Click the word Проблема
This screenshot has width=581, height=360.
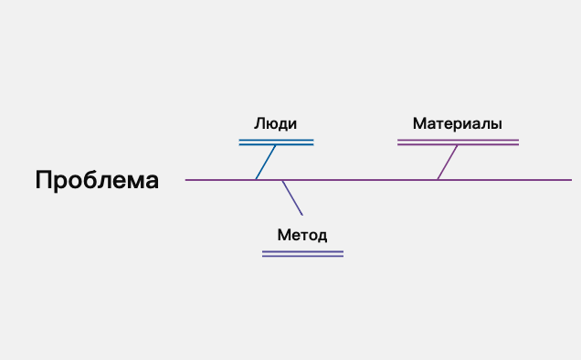click(97, 180)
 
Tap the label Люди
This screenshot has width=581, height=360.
click(276, 124)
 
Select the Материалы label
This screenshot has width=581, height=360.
click(457, 123)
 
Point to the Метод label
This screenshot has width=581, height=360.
click(301, 235)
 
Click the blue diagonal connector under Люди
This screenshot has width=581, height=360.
click(266, 163)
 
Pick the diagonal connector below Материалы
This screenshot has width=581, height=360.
click(447, 162)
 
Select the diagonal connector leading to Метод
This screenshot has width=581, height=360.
click(292, 197)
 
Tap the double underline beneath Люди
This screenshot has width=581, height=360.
click(276, 143)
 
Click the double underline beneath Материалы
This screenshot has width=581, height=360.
click(458, 143)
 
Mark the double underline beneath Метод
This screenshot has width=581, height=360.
click(302, 253)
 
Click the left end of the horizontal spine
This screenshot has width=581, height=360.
click(187, 180)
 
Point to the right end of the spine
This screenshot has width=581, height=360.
click(570, 180)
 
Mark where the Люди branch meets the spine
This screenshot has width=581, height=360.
click(256, 180)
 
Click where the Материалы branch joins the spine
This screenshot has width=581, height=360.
click(437, 180)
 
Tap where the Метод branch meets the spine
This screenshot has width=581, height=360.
click(282, 180)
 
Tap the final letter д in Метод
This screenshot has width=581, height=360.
click(322, 236)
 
